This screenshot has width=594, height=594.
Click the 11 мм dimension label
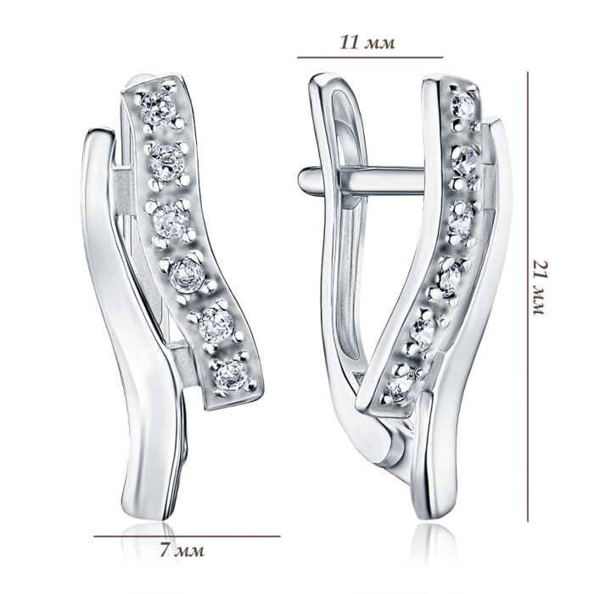pyautogui.click(x=367, y=42)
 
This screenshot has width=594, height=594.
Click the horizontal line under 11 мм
pyautogui.click(x=370, y=58)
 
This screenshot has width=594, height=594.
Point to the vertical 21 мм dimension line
pyautogui.click(x=528, y=297)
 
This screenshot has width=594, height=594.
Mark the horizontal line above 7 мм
pyautogui.click(x=188, y=536)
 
